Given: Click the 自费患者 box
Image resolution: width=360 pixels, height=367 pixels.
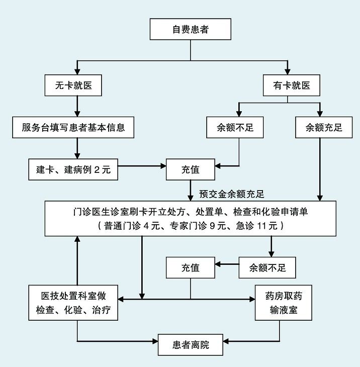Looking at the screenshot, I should (x=191, y=30).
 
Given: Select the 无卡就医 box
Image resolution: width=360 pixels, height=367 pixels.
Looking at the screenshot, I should (x=77, y=86).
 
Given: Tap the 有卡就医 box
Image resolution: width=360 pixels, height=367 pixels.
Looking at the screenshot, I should (x=288, y=86).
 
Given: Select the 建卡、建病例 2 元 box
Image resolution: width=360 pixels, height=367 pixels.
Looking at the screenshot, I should (x=73, y=170).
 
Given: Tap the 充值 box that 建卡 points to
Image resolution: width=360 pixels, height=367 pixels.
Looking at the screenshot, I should (x=191, y=170).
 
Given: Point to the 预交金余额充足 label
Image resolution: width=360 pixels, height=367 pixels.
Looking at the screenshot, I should (x=231, y=193).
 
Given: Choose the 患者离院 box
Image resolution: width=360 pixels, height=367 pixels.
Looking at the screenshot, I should (x=191, y=345).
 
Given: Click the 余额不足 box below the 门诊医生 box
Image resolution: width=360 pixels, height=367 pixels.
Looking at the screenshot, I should (x=267, y=267).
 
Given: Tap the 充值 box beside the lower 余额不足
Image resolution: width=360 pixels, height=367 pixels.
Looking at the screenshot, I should (x=191, y=267).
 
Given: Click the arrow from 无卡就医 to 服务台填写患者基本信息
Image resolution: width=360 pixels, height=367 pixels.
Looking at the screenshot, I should (x=77, y=107).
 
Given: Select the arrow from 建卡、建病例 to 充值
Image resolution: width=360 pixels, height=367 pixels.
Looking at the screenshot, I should (x=142, y=165).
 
